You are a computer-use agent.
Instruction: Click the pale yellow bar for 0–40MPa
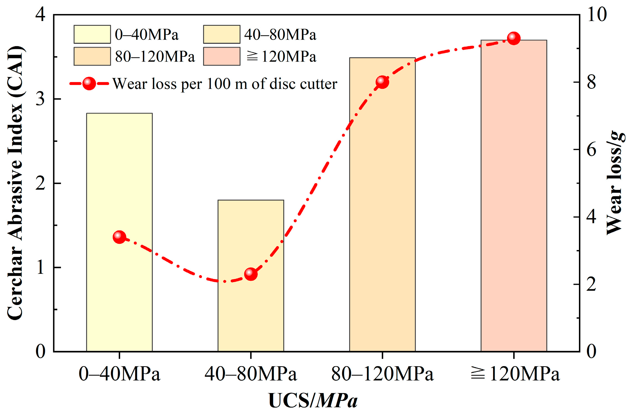[119, 293]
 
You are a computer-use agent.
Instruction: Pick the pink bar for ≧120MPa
[514, 196]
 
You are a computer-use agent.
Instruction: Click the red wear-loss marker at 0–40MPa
[119, 237]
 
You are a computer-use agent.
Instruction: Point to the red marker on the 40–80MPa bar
[251, 274]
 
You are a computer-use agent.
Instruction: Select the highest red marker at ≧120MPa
[514, 38]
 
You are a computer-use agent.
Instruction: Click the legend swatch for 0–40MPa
[92, 34]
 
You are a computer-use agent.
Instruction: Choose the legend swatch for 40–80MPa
[221, 34]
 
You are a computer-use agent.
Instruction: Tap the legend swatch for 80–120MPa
[92, 56]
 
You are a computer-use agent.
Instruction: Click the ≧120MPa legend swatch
[221, 56]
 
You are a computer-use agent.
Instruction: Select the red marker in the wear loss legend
[89, 83]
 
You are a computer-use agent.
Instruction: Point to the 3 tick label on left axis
[41, 99]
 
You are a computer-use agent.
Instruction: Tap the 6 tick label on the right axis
[591, 150]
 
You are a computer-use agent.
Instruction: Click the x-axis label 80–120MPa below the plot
[382, 374]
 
